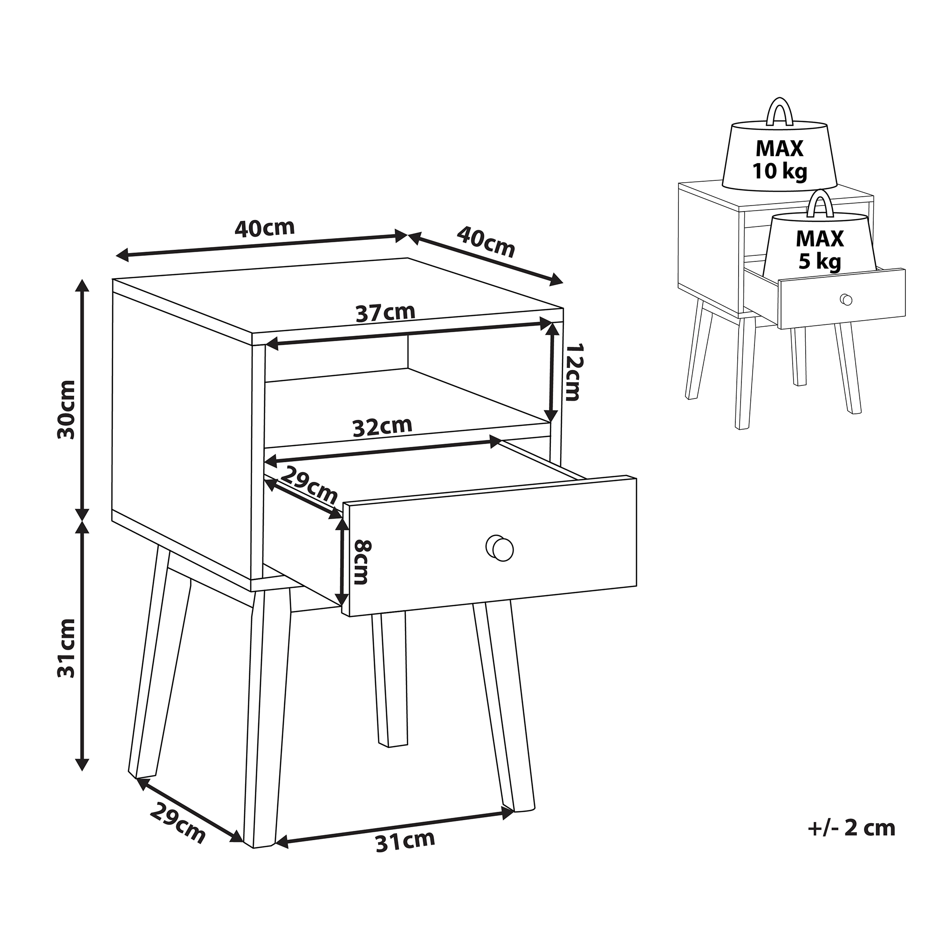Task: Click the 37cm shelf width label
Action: click(x=385, y=313)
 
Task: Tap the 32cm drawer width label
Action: click(x=383, y=426)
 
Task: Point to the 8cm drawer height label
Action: click(x=362, y=562)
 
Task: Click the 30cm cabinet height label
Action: click(x=67, y=409)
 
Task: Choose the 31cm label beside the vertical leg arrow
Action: click(x=67, y=648)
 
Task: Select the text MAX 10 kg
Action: click(x=780, y=160)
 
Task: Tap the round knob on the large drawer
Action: click(x=500, y=548)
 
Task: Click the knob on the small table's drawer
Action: click(x=846, y=300)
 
